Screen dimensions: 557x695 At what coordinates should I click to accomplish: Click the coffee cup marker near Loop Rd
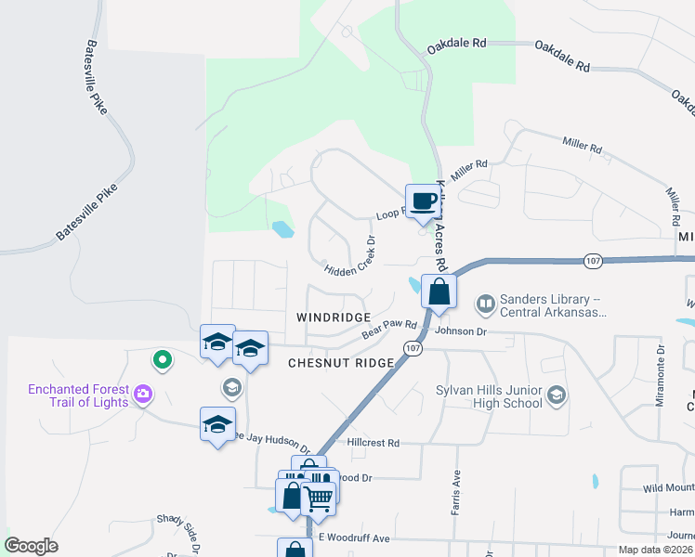[x=423, y=201]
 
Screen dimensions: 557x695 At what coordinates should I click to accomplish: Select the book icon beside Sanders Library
[x=485, y=304]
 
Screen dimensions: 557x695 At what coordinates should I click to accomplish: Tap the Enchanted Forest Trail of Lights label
[x=78, y=395]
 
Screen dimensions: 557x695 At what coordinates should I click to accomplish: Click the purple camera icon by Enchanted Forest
[x=143, y=395]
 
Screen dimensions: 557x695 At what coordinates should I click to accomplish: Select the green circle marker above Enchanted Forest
[x=162, y=358]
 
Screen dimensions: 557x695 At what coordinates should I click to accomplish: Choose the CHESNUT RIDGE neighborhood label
[x=341, y=363]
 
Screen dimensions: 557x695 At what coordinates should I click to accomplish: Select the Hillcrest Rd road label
[x=372, y=444]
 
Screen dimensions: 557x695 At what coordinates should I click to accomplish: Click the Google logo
[x=32, y=545]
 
